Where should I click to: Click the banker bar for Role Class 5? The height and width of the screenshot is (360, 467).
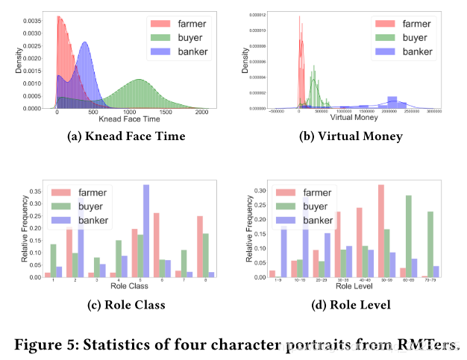146,231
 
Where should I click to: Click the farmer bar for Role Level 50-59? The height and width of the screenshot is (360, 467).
380,231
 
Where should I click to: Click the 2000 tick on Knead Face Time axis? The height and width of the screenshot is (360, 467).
201,113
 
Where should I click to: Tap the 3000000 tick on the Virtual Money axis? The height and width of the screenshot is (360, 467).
434,112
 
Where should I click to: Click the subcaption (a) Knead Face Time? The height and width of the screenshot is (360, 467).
120,136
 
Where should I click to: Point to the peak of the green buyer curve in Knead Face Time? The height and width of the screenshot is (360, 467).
139,79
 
